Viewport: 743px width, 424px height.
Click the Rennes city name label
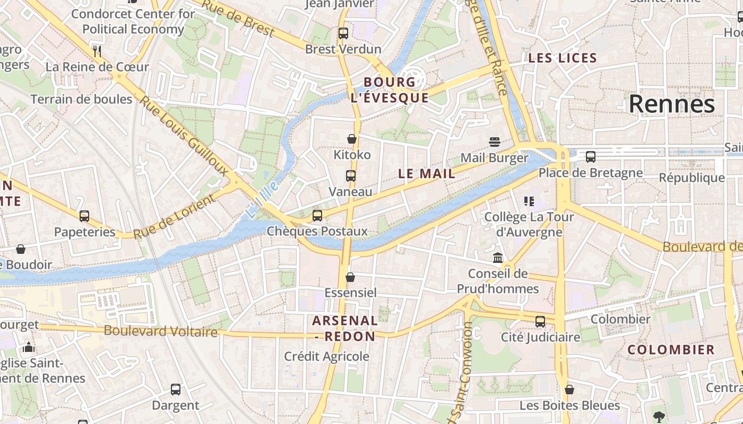point(671,104)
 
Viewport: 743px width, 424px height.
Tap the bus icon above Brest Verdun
point(343,33)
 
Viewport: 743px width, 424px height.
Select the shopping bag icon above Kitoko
point(351,139)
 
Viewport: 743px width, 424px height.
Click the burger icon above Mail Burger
point(495,142)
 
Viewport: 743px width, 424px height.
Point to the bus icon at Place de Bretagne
point(590,157)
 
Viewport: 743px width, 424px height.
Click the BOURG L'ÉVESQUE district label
point(390,90)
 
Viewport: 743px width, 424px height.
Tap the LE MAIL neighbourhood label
point(427,173)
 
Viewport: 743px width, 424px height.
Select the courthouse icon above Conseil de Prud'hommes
point(498,258)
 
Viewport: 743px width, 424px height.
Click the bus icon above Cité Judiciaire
point(540,321)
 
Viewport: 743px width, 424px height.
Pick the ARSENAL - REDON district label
point(345,328)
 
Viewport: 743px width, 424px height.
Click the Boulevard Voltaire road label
point(160,331)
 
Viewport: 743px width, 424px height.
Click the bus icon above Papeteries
point(84,216)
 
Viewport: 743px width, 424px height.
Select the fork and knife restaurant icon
point(97,51)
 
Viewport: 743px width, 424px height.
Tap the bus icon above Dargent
point(176,390)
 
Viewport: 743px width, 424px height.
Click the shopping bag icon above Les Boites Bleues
point(569,390)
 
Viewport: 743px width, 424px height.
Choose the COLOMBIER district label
point(671,350)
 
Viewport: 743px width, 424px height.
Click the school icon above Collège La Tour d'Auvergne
point(529,201)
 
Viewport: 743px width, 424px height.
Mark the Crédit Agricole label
point(326,356)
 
